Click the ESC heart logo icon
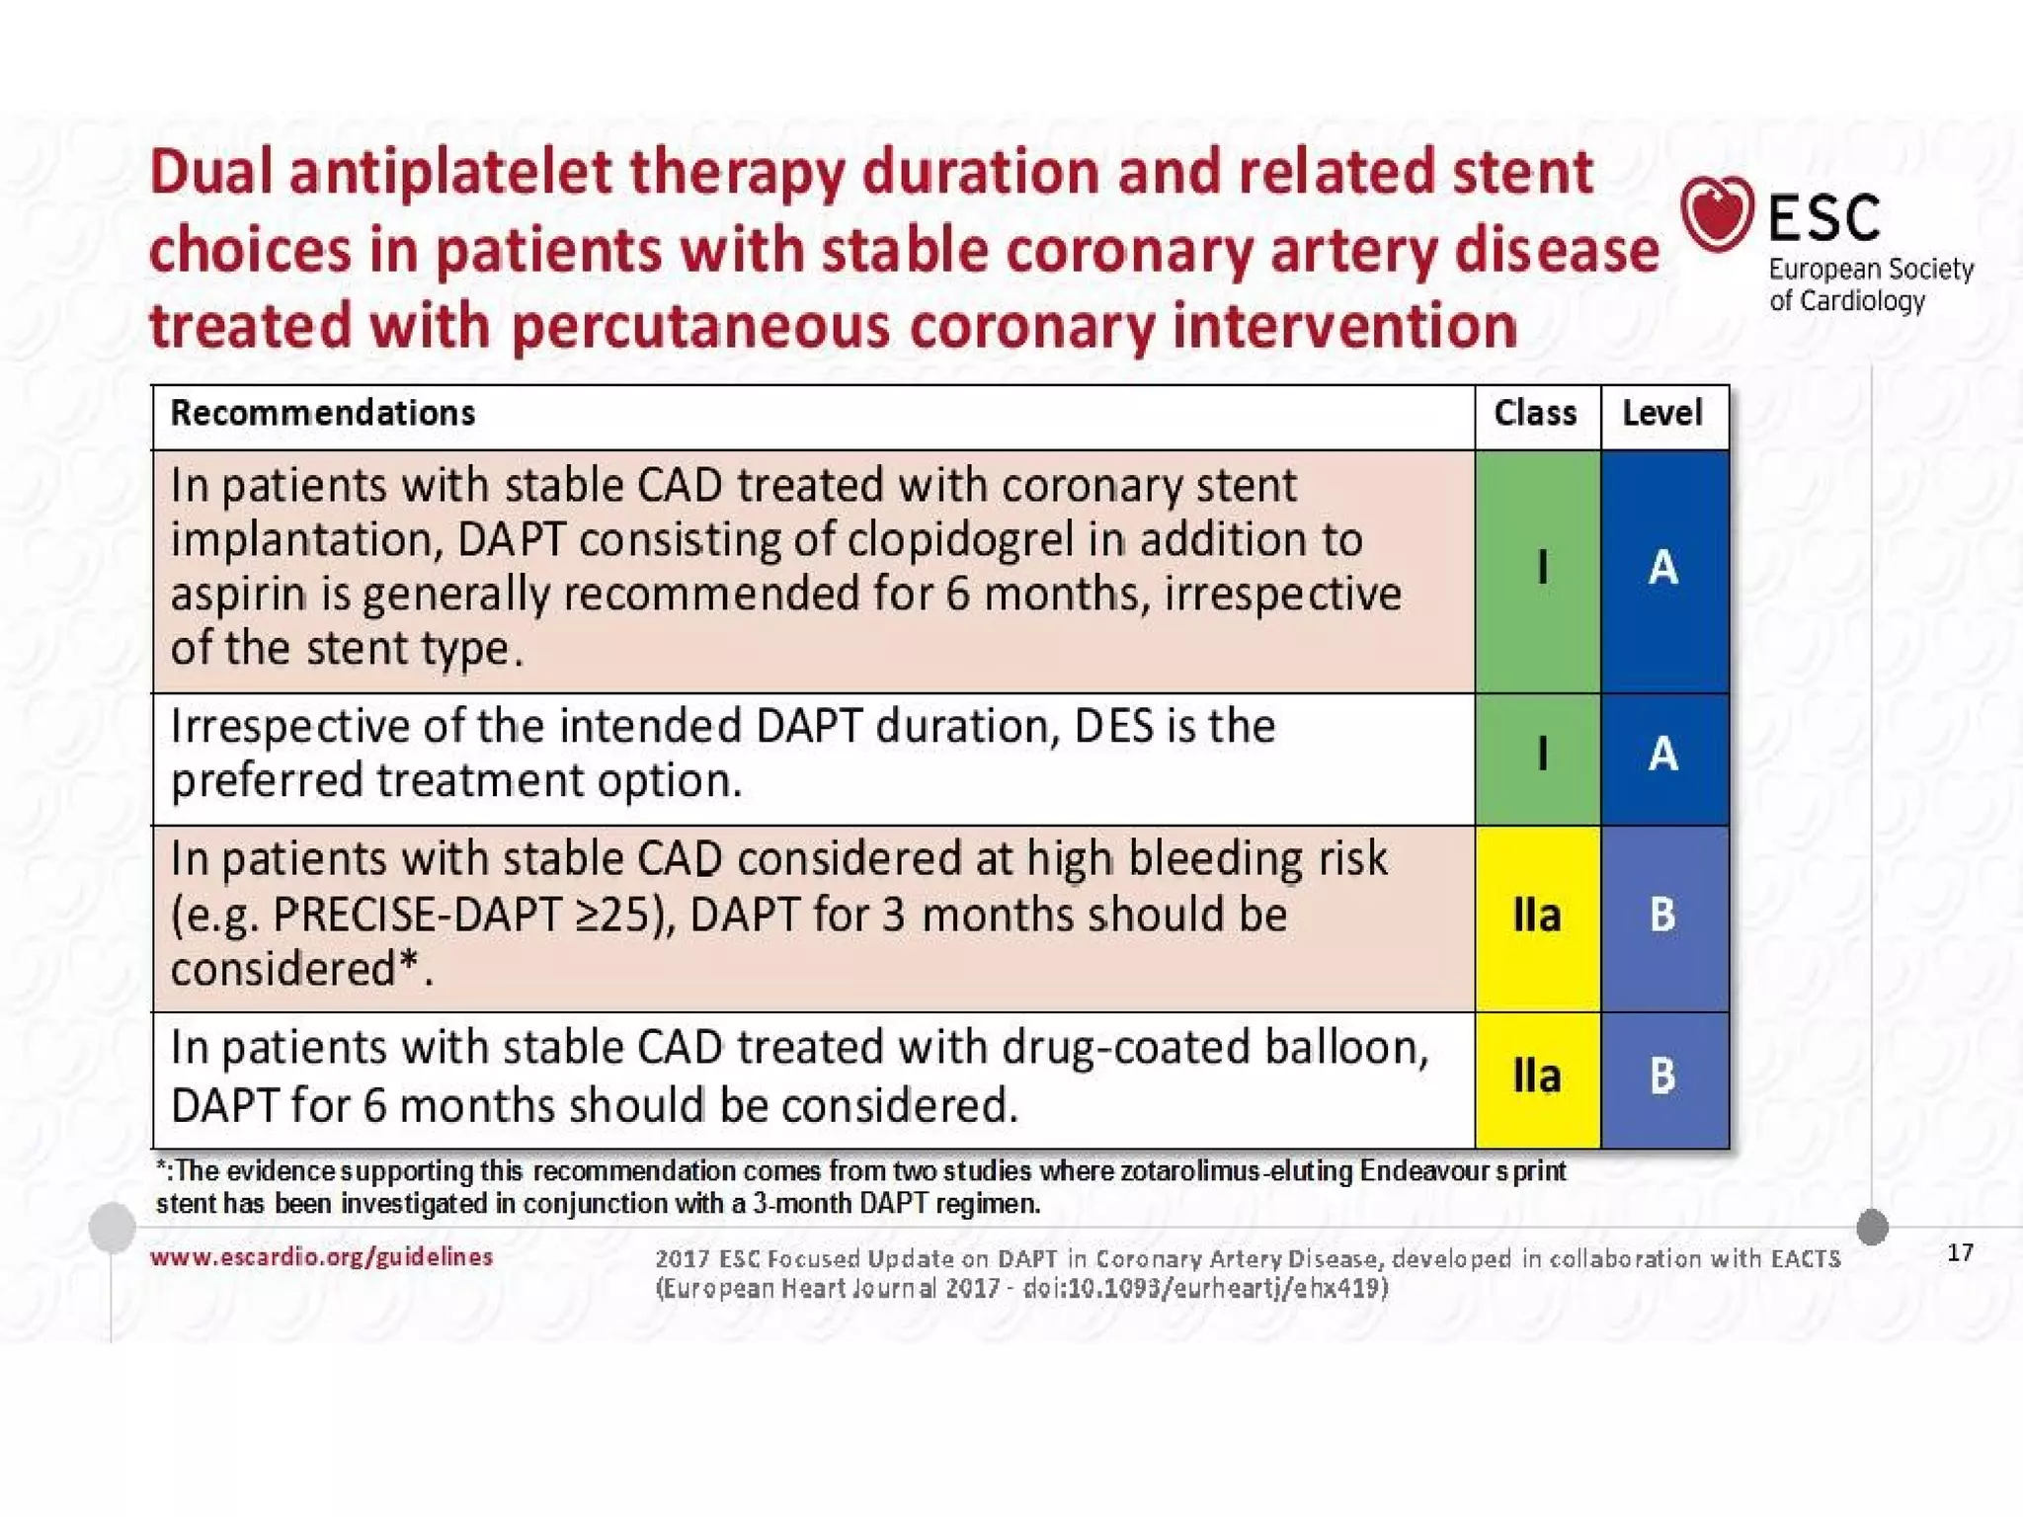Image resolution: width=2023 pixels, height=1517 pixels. click(x=1717, y=212)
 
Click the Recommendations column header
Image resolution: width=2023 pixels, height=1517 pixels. click(x=322, y=413)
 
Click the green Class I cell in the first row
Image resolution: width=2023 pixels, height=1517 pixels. click(x=1538, y=569)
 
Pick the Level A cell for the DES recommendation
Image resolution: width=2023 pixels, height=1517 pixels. click(x=1663, y=755)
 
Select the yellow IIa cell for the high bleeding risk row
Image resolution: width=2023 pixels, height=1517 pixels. click(x=1537, y=916)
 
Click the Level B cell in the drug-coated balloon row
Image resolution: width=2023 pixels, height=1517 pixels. click(x=1663, y=1077)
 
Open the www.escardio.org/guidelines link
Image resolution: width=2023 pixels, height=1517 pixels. click(x=321, y=1256)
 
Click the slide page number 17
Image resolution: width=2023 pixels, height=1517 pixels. click(x=1960, y=1252)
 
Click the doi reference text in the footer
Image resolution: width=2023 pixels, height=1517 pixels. click(x=1204, y=1288)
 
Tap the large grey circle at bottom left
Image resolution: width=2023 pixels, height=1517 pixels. click(x=113, y=1227)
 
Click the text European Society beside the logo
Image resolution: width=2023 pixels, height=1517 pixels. click(x=1870, y=270)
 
